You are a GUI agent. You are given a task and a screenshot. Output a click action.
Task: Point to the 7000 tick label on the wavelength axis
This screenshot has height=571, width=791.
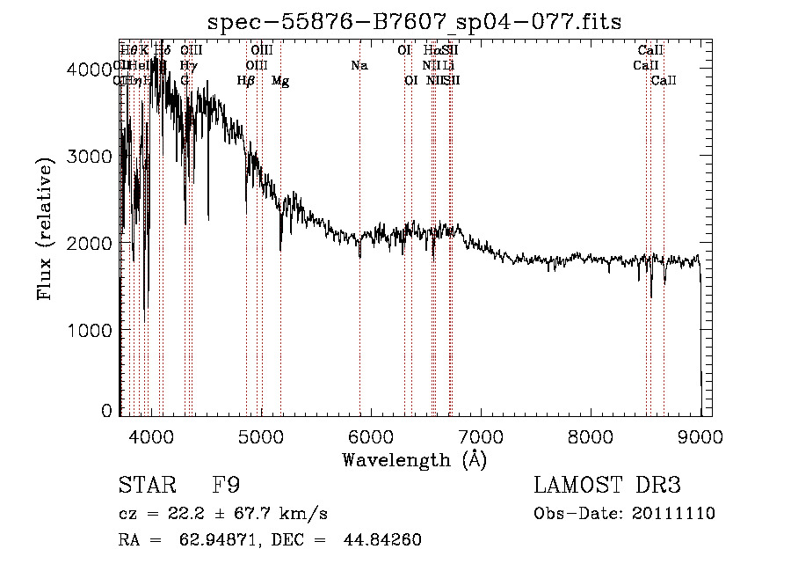click(480, 436)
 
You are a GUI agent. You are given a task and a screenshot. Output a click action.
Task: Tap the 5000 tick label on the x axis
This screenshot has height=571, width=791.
click(260, 436)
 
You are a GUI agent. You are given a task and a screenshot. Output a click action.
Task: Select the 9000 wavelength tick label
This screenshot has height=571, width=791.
click(700, 436)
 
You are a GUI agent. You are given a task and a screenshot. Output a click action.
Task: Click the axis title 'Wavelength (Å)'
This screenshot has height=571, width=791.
click(414, 459)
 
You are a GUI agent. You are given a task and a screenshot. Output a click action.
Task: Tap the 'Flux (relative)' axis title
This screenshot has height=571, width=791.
click(46, 229)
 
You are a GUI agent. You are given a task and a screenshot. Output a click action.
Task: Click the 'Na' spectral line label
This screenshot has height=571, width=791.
click(359, 65)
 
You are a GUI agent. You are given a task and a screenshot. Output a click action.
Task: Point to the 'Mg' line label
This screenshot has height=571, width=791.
click(280, 81)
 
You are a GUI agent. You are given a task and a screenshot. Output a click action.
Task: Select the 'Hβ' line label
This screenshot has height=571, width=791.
click(246, 81)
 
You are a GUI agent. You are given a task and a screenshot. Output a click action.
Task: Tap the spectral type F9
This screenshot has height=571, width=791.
click(226, 486)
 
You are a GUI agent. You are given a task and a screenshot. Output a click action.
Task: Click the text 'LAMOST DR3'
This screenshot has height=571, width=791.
click(607, 486)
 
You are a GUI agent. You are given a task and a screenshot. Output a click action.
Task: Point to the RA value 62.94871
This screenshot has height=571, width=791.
click(222, 539)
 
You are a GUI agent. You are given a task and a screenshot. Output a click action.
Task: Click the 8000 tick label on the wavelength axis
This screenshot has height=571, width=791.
click(590, 436)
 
